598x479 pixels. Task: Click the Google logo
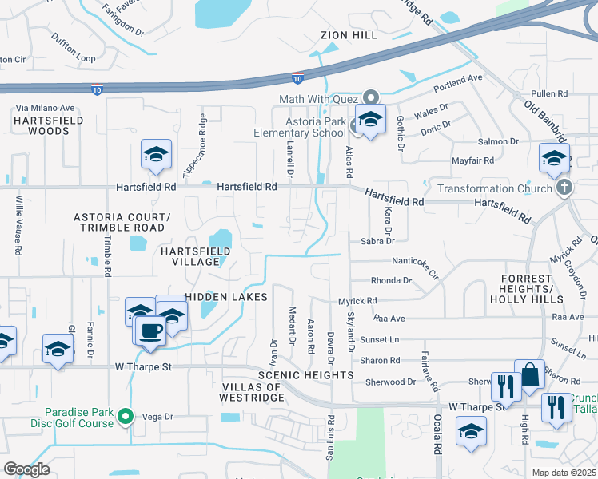point(27,469)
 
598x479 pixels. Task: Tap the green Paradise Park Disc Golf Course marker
point(125,416)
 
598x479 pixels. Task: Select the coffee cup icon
point(151,330)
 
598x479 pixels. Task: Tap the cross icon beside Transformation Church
point(564,188)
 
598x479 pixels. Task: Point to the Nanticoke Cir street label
point(415,264)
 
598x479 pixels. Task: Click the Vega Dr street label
point(157,416)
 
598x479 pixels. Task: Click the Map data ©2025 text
point(564,473)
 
